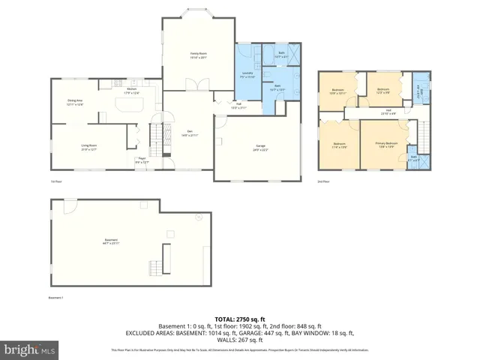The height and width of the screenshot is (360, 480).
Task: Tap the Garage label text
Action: click(x=260, y=148)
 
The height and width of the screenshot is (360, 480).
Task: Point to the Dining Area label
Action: click(x=75, y=103)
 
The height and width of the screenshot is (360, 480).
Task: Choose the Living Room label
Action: click(x=89, y=148)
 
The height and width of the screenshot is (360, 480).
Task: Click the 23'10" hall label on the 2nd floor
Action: click(x=389, y=112)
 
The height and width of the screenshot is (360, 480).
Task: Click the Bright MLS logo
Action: click(x=30, y=349)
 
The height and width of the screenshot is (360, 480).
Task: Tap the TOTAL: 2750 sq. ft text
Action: click(x=239, y=319)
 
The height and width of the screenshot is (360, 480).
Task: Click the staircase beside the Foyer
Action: click(x=156, y=137)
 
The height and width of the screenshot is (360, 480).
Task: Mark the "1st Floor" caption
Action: click(x=55, y=181)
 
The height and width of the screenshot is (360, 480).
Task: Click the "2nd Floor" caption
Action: click(x=324, y=181)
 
